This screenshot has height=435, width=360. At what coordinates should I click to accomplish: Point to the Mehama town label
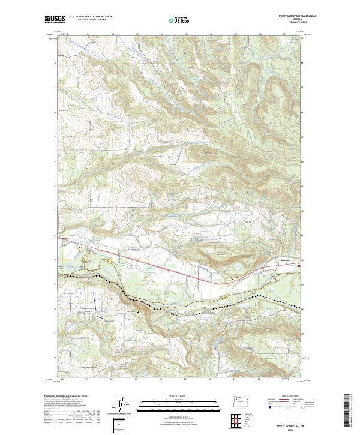pyautogui.click(x=287, y=260)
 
